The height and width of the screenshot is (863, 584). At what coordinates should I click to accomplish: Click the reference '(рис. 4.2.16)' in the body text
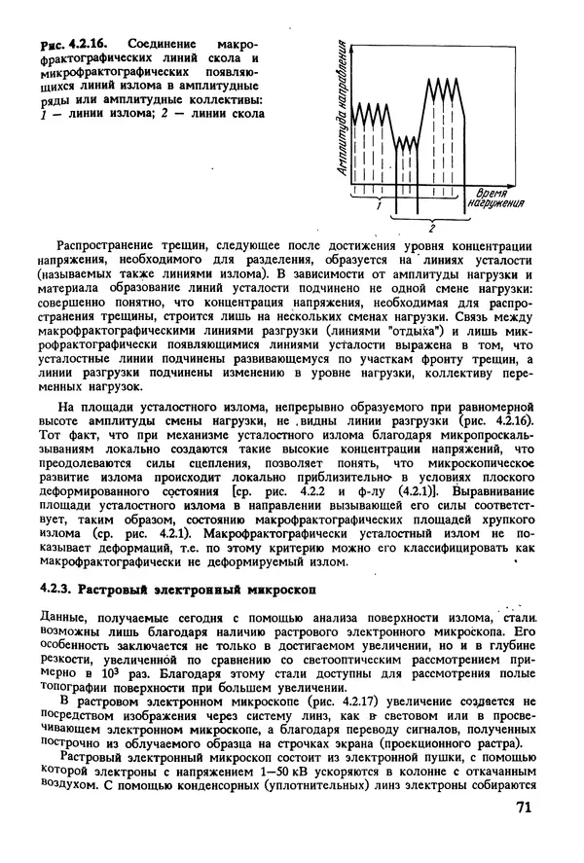489,403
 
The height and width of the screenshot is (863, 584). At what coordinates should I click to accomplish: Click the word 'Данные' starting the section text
61,616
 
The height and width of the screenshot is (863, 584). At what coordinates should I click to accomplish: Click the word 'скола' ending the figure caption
244,113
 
